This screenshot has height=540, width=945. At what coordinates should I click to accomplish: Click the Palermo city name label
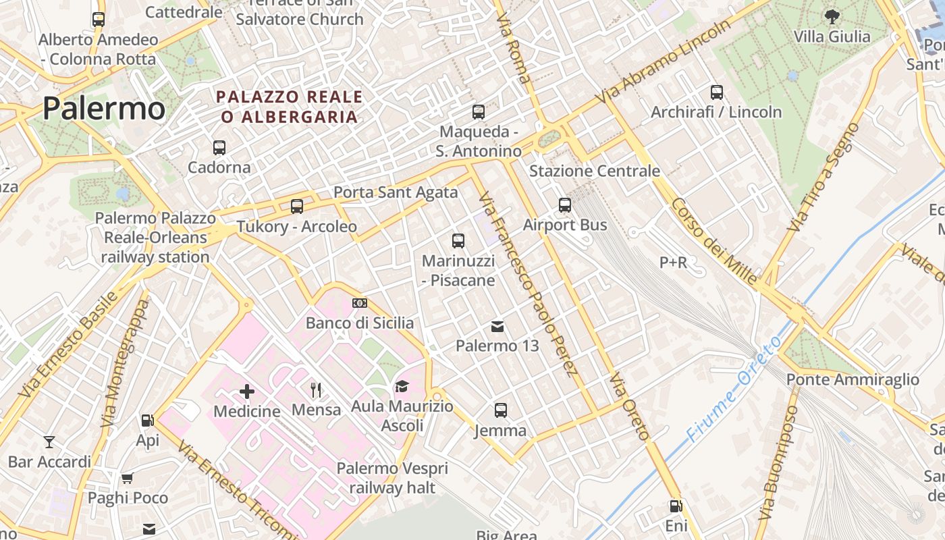click(x=104, y=109)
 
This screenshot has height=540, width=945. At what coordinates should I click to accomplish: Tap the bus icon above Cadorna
click(x=219, y=147)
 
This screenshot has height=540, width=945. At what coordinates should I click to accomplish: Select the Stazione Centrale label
click(x=594, y=171)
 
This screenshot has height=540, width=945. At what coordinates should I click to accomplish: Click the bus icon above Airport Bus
click(x=565, y=205)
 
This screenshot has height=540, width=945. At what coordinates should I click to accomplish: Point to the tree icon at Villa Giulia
click(x=832, y=16)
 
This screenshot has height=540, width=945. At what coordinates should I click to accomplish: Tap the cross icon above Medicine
click(x=247, y=390)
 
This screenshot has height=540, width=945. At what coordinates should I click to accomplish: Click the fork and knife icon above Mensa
click(x=316, y=389)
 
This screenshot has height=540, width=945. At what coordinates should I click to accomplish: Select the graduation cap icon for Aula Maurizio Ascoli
click(x=402, y=386)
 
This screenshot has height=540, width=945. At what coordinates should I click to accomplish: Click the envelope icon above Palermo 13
click(x=497, y=327)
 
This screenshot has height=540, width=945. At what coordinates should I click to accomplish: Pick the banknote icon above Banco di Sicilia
click(x=360, y=303)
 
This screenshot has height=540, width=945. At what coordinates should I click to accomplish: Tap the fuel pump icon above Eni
click(x=675, y=506)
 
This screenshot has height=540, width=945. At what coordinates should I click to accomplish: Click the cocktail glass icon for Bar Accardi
click(x=49, y=442)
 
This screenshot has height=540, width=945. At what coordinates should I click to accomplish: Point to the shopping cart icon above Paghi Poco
click(x=128, y=479)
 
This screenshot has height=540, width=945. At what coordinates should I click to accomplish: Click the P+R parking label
click(x=673, y=262)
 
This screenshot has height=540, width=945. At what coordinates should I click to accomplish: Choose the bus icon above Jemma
click(x=501, y=410)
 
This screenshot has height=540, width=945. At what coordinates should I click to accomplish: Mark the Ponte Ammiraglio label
click(x=853, y=379)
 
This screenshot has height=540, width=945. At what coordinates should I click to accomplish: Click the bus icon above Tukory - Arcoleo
click(x=297, y=206)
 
